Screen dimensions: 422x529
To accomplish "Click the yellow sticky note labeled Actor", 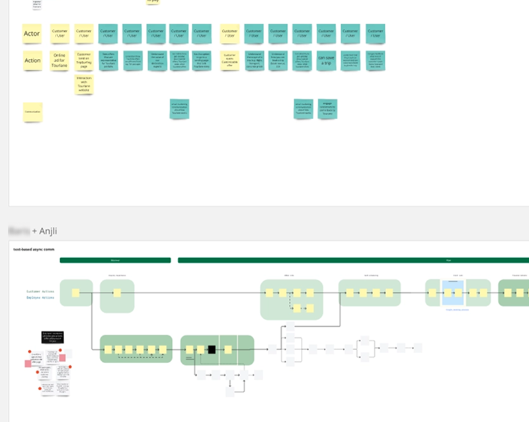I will (32, 33).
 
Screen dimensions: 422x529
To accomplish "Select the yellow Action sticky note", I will (32, 60).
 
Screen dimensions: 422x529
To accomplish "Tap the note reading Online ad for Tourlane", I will (60, 60).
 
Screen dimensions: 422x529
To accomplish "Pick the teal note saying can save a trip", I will (327, 60).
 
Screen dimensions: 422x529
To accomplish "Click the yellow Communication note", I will (32, 112).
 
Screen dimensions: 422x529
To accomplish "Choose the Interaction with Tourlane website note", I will (84, 84).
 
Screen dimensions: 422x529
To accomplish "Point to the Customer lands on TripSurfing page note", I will (84, 59).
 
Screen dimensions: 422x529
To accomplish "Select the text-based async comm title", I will (34, 249).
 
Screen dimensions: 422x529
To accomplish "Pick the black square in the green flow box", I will (212, 349).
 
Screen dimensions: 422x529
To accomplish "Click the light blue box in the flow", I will (453, 292).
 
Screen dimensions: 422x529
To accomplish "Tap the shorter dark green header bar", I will (115, 261).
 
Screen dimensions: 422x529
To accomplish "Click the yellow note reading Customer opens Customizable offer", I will (229, 60).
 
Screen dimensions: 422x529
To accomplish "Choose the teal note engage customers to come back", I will (327, 108).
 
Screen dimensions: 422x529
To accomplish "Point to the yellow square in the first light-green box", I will (76, 292).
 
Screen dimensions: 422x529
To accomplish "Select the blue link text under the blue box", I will (457, 309).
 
